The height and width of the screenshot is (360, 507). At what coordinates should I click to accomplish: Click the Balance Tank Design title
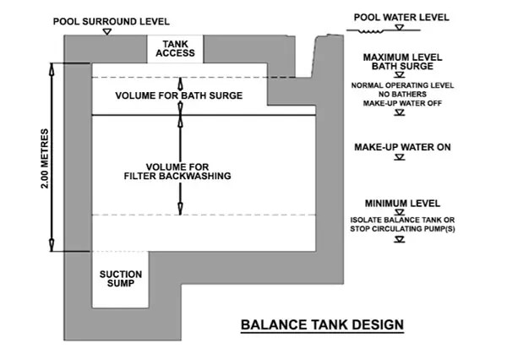(x=322, y=325)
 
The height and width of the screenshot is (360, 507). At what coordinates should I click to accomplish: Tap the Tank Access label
(x=175, y=48)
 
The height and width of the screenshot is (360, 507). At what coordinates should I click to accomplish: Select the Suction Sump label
(x=121, y=279)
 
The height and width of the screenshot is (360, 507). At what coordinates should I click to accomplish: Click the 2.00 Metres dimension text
(x=45, y=159)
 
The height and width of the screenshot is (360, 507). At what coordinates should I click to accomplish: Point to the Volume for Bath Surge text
(x=179, y=95)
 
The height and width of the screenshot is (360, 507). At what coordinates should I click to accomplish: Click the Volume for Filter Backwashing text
(x=177, y=172)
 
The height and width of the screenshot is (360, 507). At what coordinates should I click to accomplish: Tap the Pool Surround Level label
(x=112, y=22)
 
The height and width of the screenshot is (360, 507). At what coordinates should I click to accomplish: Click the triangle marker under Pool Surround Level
(x=107, y=32)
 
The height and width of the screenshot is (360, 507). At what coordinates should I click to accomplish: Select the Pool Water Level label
(x=401, y=17)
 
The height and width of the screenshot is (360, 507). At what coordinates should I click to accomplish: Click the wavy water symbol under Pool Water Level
(x=371, y=31)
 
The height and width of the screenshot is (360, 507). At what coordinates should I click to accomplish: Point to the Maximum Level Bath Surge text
(x=402, y=62)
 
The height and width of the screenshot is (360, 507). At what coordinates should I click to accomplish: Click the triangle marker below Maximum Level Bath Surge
(x=400, y=75)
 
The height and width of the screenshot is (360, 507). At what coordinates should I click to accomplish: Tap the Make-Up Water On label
(x=402, y=147)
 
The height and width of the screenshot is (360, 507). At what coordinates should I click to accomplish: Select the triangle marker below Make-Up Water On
(x=400, y=157)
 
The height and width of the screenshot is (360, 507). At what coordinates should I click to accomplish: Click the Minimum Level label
(x=402, y=204)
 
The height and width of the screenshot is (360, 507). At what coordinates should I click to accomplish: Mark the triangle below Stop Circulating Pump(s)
(x=400, y=240)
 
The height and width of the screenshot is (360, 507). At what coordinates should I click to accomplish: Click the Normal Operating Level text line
(x=402, y=85)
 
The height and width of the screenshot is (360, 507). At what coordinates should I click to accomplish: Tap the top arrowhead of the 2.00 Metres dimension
(x=52, y=68)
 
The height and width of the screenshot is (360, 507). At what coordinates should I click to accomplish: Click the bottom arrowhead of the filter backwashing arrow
(x=181, y=209)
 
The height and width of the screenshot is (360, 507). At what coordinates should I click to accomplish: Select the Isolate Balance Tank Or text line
(x=402, y=220)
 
